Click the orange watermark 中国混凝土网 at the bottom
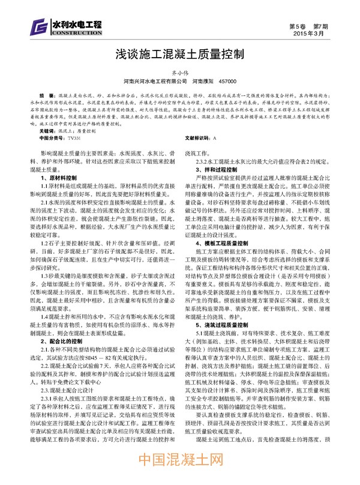point(179,466)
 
